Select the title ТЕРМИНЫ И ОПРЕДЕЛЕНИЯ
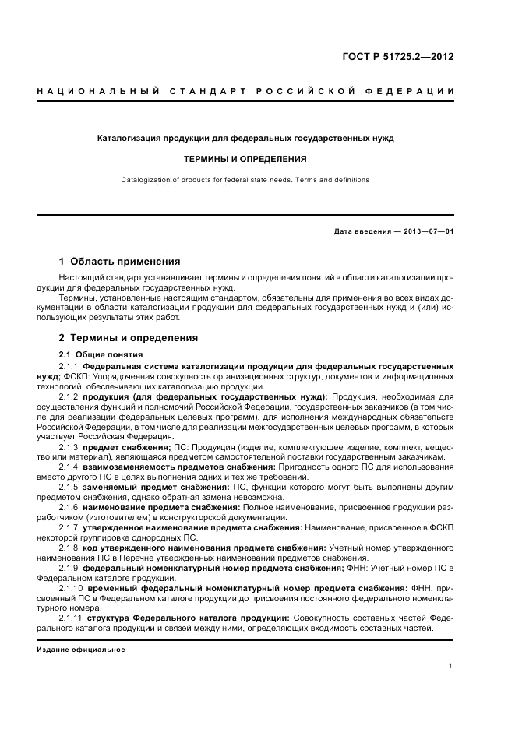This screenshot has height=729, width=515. click(245, 158)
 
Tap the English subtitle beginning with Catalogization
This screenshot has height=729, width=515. click(245, 180)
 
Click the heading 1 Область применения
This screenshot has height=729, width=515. click(119, 261)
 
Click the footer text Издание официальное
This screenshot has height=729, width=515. click(80, 649)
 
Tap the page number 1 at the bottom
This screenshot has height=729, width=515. click(452, 666)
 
